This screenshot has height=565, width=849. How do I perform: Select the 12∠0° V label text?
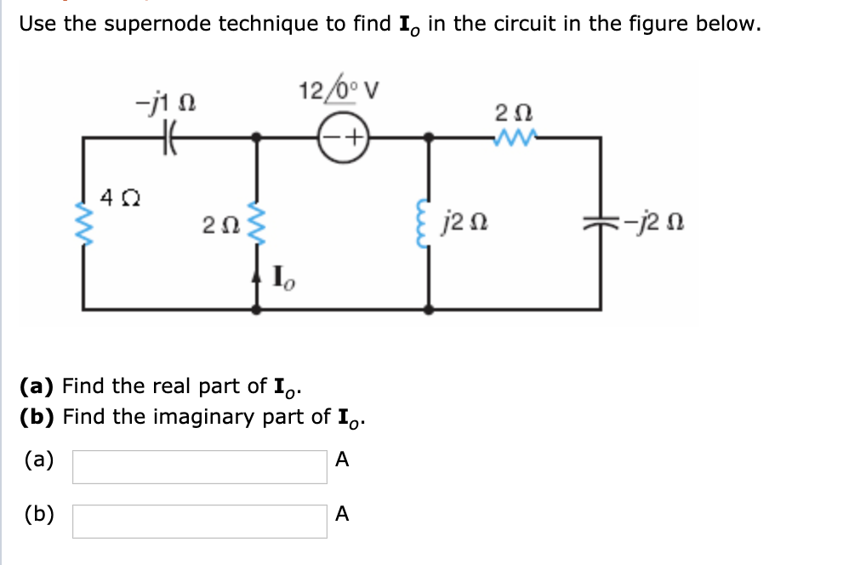pos(339,91)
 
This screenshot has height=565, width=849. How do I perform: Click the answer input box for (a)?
pos(199,466)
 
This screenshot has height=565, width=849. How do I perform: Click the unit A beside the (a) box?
pos(342,460)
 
